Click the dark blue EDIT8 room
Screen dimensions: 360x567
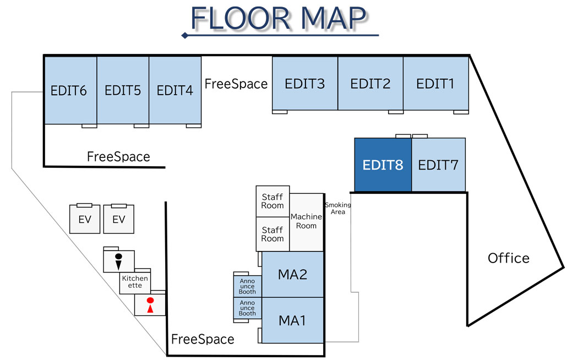tap(383, 165)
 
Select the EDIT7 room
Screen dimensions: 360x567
tap(438, 165)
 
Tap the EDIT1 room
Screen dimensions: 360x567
tap(435, 84)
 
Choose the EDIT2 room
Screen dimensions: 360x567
tap(370, 84)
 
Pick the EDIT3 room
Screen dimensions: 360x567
tap(304, 84)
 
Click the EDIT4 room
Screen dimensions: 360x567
tap(175, 90)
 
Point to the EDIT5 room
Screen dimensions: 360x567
tap(123, 90)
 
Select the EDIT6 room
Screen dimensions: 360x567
tap(70, 90)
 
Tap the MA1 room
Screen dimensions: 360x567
tap(292, 320)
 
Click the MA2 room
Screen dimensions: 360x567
tap(292, 274)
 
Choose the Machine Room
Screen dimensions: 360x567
tap(306, 221)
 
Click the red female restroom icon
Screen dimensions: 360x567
tap(150, 306)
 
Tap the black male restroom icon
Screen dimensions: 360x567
tap(118, 260)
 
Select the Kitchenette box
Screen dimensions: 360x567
tap(135, 282)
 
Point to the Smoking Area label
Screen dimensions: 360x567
tap(337, 209)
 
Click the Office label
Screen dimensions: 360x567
tap(508, 258)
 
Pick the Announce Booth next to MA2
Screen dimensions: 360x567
tap(247, 286)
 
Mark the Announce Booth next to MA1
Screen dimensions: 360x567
tap(247, 308)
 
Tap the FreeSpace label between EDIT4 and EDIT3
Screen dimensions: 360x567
tap(236, 84)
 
